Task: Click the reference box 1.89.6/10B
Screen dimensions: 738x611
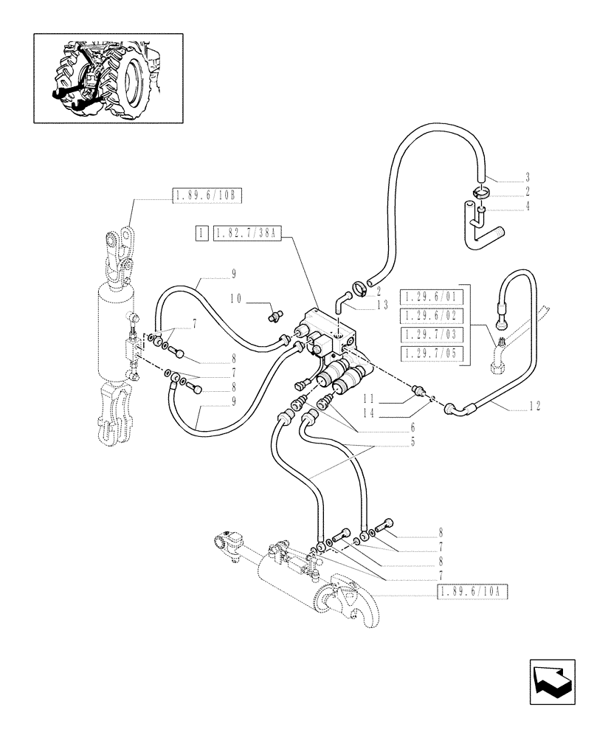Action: coord(197,196)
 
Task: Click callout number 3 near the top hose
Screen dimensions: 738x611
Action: coord(529,178)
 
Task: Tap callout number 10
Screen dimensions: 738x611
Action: coord(236,300)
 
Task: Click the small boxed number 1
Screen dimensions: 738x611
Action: coord(200,234)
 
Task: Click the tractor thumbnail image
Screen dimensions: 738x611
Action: coord(108,77)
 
